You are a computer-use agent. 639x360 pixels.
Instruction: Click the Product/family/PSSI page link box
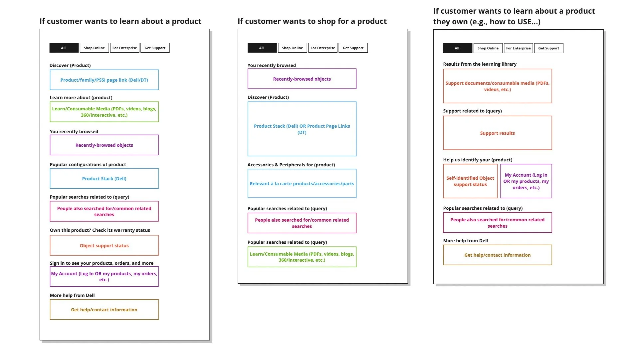pyautogui.click(x=104, y=80)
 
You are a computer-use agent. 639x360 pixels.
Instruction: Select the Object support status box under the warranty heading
pyautogui.click(x=104, y=246)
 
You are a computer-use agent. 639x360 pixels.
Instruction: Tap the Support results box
pyautogui.click(x=497, y=133)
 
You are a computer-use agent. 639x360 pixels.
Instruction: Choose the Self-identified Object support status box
pyautogui.click(x=470, y=181)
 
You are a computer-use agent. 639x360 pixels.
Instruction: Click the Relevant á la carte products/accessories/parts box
pyautogui.click(x=302, y=184)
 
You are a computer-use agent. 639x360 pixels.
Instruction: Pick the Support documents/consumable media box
pyautogui.click(x=497, y=86)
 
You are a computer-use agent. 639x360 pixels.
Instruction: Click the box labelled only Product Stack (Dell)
pyautogui.click(x=104, y=179)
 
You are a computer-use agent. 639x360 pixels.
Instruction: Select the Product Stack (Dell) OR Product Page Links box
pyautogui.click(x=302, y=129)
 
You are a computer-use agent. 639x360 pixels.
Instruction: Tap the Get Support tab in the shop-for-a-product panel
pyautogui.click(x=353, y=48)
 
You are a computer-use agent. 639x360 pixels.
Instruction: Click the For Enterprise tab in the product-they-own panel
pyautogui.click(x=518, y=48)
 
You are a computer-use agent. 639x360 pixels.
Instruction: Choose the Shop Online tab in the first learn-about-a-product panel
pyautogui.click(x=94, y=48)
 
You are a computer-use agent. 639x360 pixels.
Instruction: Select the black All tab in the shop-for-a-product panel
pyautogui.click(x=262, y=48)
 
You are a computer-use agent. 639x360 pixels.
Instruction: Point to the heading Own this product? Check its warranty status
pyautogui.click(x=100, y=230)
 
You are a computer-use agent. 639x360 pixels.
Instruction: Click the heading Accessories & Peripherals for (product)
pyautogui.click(x=291, y=165)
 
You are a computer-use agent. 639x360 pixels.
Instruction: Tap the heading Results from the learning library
pyautogui.click(x=480, y=64)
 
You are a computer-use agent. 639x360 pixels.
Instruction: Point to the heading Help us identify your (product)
pyautogui.click(x=478, y=160)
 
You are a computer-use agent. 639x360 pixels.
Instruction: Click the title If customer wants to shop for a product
pyautogui.click(x=312, y=21)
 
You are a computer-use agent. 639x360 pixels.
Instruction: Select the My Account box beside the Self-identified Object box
pyautogui.click(x=526, y=181)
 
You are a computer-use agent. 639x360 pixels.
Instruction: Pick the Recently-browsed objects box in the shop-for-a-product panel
pyautogui.click(x=302, y=79)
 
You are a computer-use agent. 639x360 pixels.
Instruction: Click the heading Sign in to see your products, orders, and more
pyautogui.click(x=102, y=263)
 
